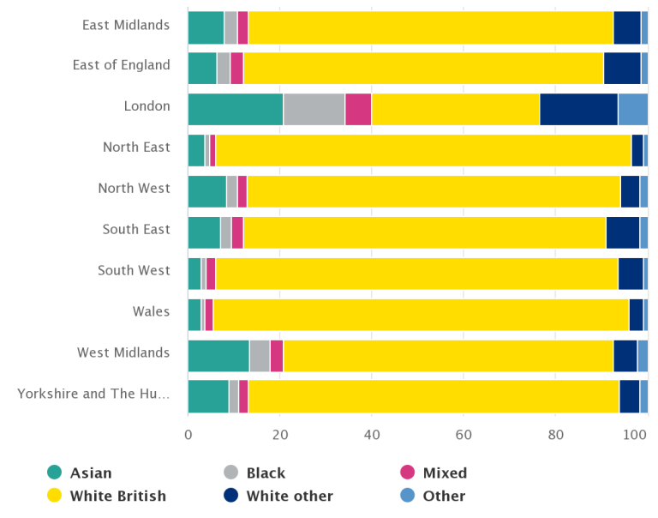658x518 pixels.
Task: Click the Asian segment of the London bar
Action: coord(236,109)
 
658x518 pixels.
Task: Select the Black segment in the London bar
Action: coord(314,109)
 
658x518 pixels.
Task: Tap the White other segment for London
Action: coord(578,109)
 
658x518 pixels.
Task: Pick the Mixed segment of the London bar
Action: coord(358,109)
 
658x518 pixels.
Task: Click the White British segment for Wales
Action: coord(421,315)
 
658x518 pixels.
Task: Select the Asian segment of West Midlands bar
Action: coord(218,356)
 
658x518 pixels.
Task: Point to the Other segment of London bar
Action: coord(632,109)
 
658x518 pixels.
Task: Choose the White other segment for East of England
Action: coord(622,69)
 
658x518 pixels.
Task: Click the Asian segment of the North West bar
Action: coord(206,191)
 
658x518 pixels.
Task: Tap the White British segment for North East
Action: coord(423,150)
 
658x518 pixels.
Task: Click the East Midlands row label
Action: coord(126,25)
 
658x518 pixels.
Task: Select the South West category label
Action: coord(134,270)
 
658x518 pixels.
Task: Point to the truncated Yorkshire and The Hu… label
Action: coord(93,394)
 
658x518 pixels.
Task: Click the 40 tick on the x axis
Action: coord(371,434)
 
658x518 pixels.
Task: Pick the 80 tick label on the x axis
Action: coord(554,434)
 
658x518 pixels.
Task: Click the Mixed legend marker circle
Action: coord(408,473)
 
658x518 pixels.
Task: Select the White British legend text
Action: coord(118,496)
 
